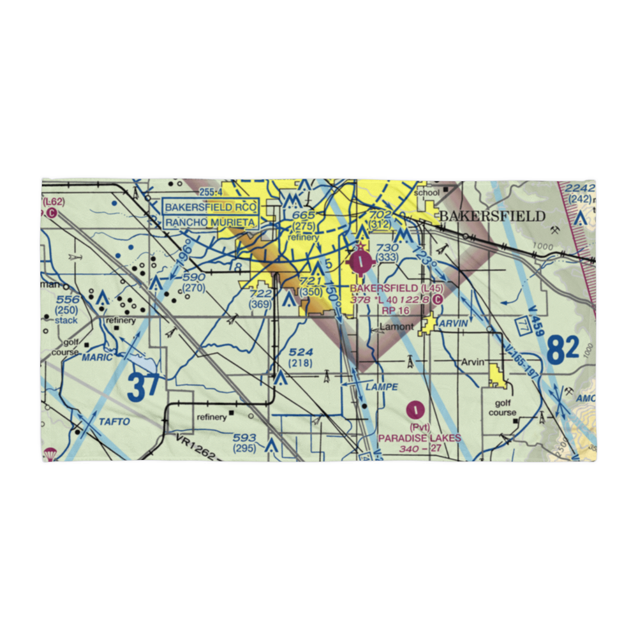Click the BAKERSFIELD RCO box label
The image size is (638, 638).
(x=211, y=207)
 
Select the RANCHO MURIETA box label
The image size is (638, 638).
(x=211, y=223)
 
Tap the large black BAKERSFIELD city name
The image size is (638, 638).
(x=491, y=216)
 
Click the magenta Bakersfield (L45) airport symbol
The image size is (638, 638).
(x=362, y=260)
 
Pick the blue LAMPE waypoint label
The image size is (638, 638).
(x=382, y=387)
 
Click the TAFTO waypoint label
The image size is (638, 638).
(x=114, y=422)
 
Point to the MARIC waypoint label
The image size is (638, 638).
(x=96, y=357)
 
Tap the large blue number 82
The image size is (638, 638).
(x=563, y=350)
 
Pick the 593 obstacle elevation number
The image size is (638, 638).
(x=244, y=438)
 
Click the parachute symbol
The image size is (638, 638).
(x=48, y=454)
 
